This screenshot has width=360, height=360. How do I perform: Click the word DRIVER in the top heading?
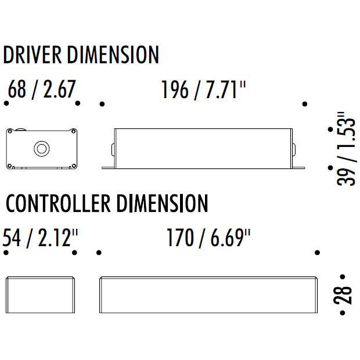pyautogui.click(x=33, y=55)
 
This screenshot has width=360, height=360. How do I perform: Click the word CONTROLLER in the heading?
pyautogui.click(x=58, y=203)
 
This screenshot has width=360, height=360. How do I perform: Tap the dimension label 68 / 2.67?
pyautogui.click(x=42, y=89)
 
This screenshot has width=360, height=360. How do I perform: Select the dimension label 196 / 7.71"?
pyautogui.click(x=203, y=90)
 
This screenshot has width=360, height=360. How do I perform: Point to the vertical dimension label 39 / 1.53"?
pyautogui.click(x=347, y=149)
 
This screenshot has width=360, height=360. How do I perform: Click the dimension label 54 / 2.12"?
pyautogui.click(x=40, y=238)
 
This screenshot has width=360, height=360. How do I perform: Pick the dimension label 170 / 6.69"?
pyautogui.click(x=208, y=238)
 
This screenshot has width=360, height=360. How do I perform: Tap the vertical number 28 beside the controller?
pyautogui.click(x=343, y=295)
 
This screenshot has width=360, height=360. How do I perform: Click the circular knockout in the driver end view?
pyautogui.click(x=42, y=149)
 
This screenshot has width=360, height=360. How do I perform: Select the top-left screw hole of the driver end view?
pyautogui.click(x=10, y=132)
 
